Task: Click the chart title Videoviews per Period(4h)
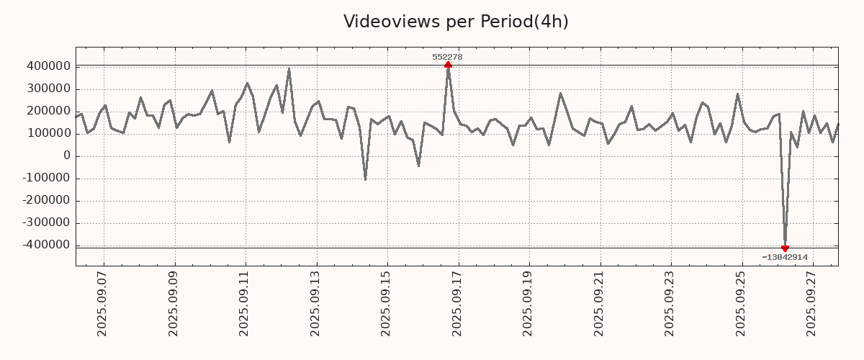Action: pyautogui.click(x=456, y=22)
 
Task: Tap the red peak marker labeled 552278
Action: pyautogui.click(x=448, y=65)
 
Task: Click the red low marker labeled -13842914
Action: pyautogui.click(x=785, y=248)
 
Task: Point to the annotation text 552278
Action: pyautogui.click(x=447, y=57)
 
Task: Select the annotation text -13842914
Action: pyautogui.click(x=784, y=257)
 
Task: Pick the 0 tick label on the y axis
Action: pyautogui.click(x=67, y=156)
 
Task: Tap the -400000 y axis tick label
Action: pyautogui.click(x=46, y=245)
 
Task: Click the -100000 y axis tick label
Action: pyautogui.click(x=46, y=178)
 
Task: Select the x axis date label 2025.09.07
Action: pyautogui.click(x=102, y=303)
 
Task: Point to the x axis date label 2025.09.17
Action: pyautogui.click(x=457, y=303)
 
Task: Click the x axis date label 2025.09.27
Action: pyautogui.click(x=811, y=303)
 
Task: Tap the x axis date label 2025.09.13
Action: pyautogui.click(x=315, y=303)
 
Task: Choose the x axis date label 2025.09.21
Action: pyautogui.click(x=599, y=303)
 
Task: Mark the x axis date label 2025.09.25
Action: pyautogui.click(x=741, y=303)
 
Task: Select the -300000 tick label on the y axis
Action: pyautogui.click(x=46, y=222)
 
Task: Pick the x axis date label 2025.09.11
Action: pyautogui.click(x=244, y=303)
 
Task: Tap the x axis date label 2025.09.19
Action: pyautogui.click(x=528, y=303)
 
